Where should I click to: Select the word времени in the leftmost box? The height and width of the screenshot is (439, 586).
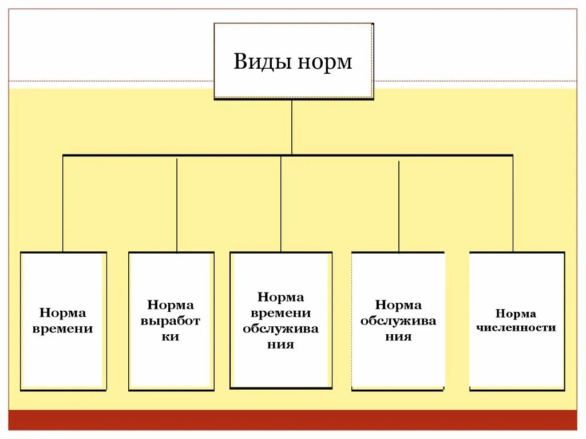[63, 329]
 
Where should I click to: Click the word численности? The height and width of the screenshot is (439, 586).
[517, 328]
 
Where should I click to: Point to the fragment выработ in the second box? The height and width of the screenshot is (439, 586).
[171, 321]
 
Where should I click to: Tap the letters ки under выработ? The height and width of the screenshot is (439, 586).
[171, 337]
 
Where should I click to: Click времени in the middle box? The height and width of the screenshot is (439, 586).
[280, 313]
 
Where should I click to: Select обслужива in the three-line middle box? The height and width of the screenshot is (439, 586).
[280, 329]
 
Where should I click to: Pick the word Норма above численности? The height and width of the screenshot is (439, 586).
[516, 314]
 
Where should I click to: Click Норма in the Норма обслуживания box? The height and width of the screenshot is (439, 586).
[398, 305]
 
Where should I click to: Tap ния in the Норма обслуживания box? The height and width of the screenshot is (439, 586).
[398, 337]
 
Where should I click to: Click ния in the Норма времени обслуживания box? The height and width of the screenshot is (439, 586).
[280, 345]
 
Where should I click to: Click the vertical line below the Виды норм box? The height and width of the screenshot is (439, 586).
[292, 127]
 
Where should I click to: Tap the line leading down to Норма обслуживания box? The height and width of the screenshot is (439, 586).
[399, 206]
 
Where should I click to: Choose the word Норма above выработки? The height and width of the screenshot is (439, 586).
[171, 305]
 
